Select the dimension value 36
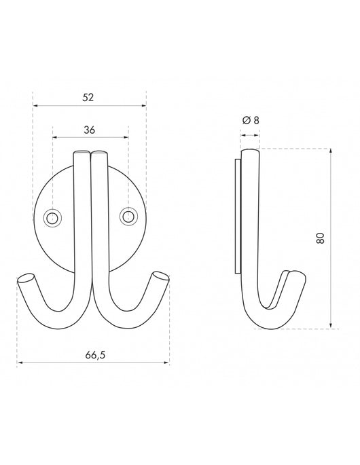[89, 129]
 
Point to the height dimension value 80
[321, 238]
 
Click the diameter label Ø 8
[250, 120]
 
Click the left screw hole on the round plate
[52, 217]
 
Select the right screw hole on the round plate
[127, 217]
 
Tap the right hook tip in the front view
[161, 276]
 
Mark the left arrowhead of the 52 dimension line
[35, 105]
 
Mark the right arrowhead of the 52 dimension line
[143, 105]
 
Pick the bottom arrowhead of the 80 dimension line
[330, 326]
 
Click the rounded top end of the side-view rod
[251, 152]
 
